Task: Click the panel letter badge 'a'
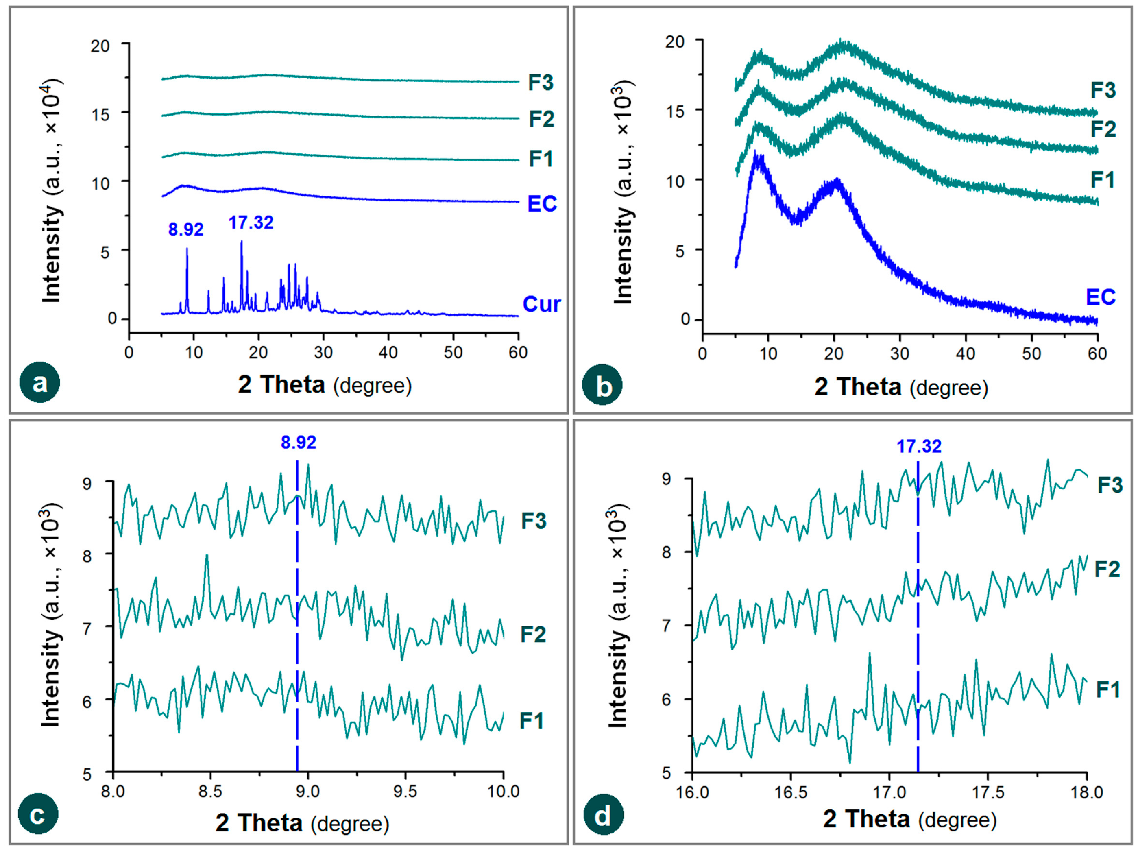[x=39, y=383]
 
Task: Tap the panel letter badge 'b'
[x=602, y=385]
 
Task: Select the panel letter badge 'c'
[x=37, y=814]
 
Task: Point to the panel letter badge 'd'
[x=603, y=816]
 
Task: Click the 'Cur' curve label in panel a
[x=541, y=304]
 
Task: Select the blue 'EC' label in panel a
[x=542, y=204]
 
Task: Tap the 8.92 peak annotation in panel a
[x=186, y=229]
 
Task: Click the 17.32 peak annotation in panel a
[x=251, y=223]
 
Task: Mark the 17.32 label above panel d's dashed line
[x=919, y=446]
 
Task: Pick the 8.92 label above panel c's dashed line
[x=299, y=443]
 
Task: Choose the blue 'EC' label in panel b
[x=1101, y=297]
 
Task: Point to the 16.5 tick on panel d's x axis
[x=791, y=792]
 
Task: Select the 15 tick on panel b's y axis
[x=676, y=111]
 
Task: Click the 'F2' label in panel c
[x=533, y=634]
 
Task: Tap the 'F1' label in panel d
[x=1107, y=689]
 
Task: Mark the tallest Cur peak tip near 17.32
[x=241, y=241]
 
